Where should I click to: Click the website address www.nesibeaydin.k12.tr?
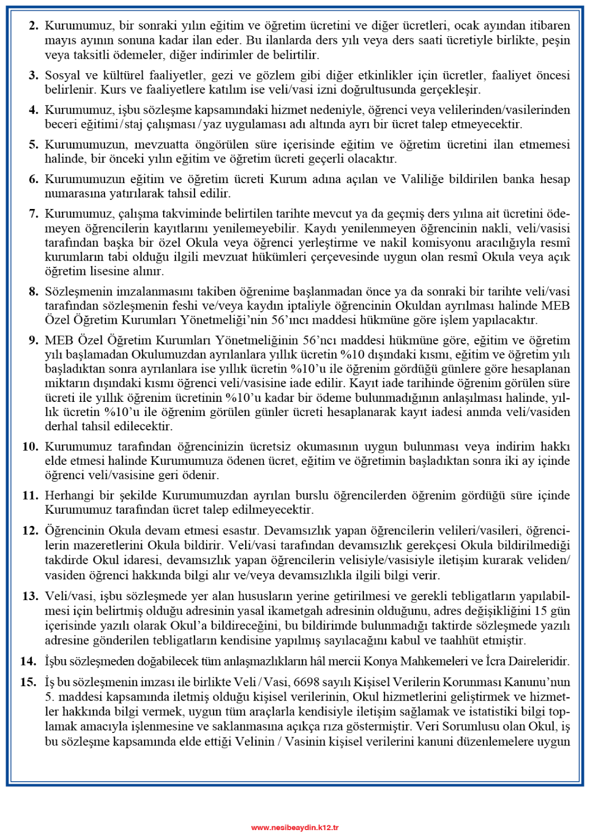point(295,827)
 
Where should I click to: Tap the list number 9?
point(33,340)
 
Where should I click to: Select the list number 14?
point(28,662)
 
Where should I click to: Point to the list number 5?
point(33,145)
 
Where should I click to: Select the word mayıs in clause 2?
point(59,41)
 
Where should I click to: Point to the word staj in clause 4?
point(133,124)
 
